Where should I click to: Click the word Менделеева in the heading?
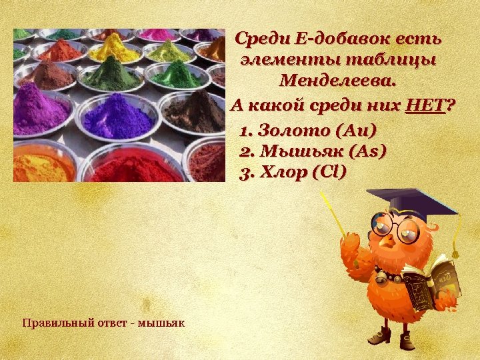(337, 81)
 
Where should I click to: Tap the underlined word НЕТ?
(425, 105)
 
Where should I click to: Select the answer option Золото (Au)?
(308, 130)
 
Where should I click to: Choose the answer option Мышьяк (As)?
(312, 151)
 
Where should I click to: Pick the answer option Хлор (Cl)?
(293, 173)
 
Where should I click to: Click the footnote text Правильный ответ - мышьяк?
(103, 323)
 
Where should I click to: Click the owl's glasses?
(396, 228)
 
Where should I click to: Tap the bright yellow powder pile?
(114, 46)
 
